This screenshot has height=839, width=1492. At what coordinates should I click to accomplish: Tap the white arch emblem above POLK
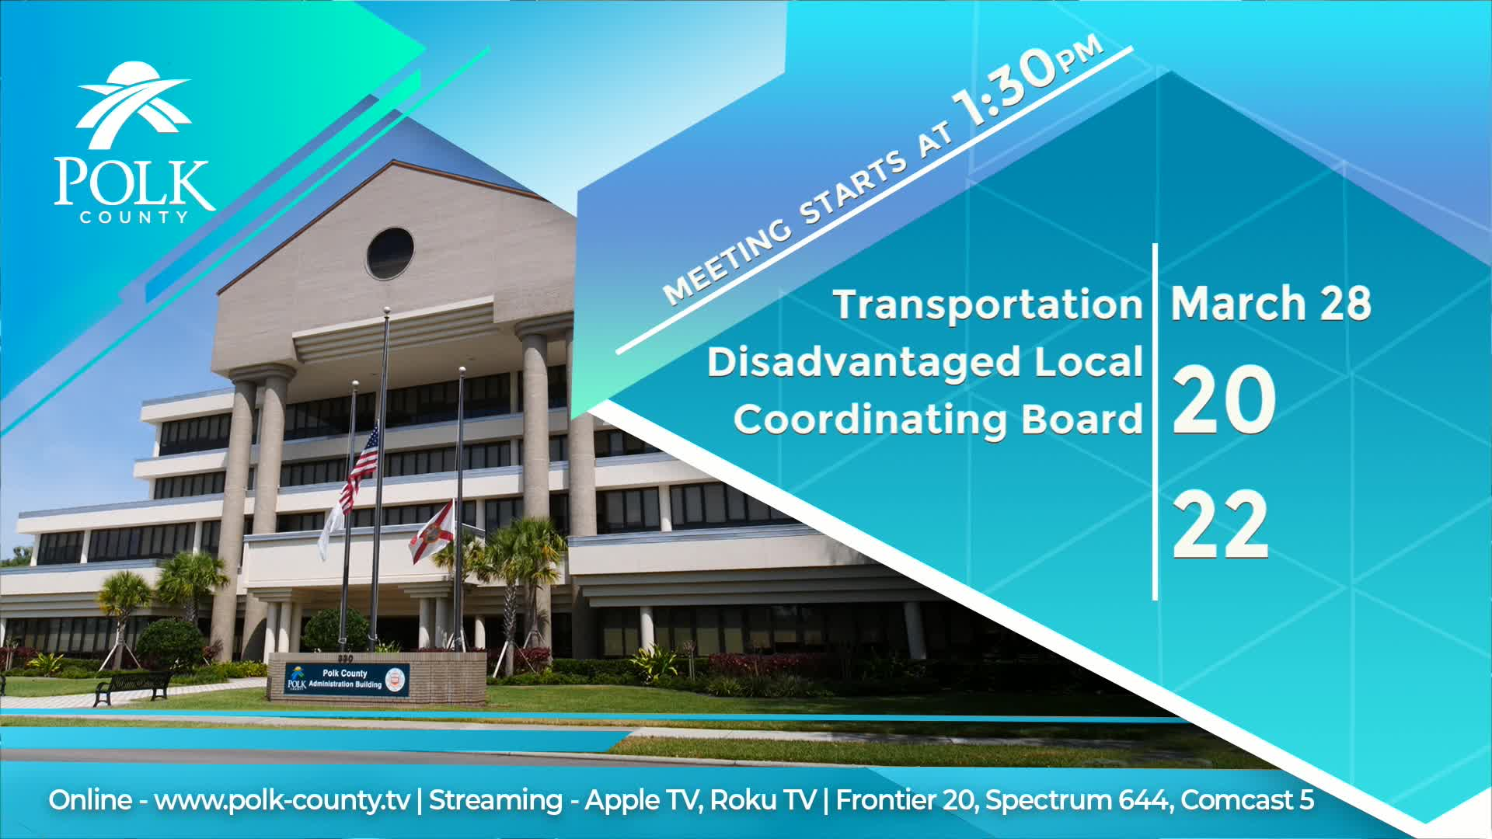[134, 105]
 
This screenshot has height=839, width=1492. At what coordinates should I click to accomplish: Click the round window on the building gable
[390, 253]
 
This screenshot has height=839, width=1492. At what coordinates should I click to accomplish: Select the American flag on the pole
[364, 463]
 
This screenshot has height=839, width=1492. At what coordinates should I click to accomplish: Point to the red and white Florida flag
[432, 531]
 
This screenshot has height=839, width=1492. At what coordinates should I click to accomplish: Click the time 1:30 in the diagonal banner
[1006, 89]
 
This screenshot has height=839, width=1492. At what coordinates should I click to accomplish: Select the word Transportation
[988, 304]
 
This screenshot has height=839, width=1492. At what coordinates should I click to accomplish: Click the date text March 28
[1271, 303]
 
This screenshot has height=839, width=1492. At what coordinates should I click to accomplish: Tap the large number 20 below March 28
[1222, 401]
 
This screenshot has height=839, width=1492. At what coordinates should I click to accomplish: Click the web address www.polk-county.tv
[282, 800]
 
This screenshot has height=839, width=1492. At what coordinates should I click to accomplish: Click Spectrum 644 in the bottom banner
[1078, 800]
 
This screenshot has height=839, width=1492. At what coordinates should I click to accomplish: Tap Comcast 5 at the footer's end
[1247, 800]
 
